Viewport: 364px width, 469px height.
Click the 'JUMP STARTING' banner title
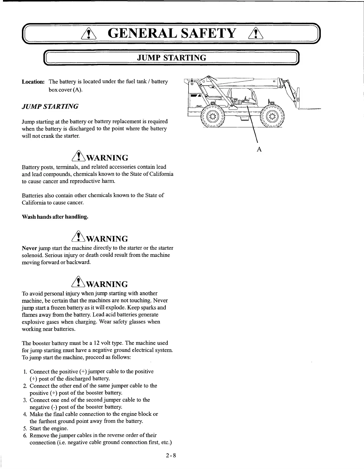tap(172, 57)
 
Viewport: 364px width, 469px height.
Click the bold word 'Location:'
tap(33, 82)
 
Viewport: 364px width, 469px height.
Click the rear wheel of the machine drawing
tap(213, 116)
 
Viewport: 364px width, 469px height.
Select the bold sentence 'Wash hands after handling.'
tap(55, 217)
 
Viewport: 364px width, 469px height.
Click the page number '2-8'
tap(171, 455)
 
